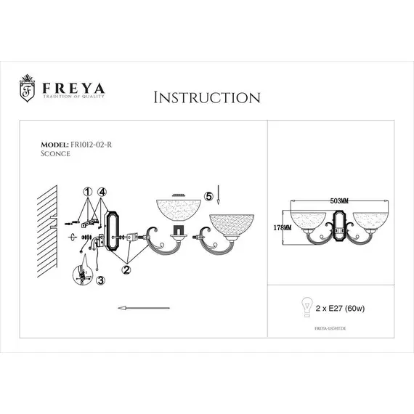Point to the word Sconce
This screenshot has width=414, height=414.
point(56,153)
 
